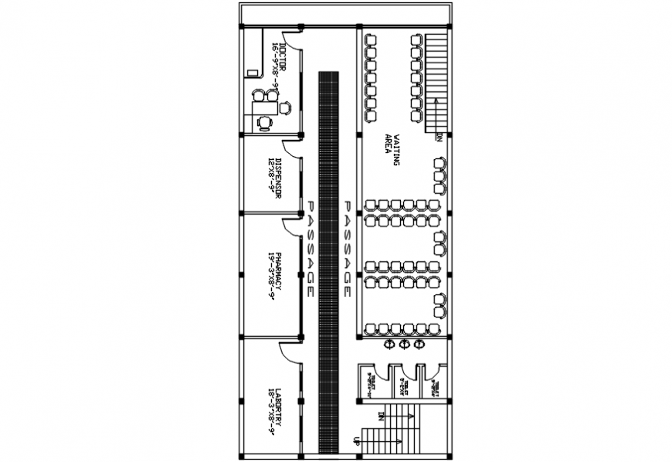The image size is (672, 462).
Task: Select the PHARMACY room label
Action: point(273,277)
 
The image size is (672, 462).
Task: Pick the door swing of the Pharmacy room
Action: point(291,225)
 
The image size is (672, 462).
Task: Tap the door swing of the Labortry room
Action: point(290,352)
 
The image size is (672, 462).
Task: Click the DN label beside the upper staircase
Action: point(440,138)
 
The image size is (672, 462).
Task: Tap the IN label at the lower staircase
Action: point(382,415)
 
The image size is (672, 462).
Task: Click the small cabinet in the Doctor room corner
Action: point(252,73)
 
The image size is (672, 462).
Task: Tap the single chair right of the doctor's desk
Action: point(286,107)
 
